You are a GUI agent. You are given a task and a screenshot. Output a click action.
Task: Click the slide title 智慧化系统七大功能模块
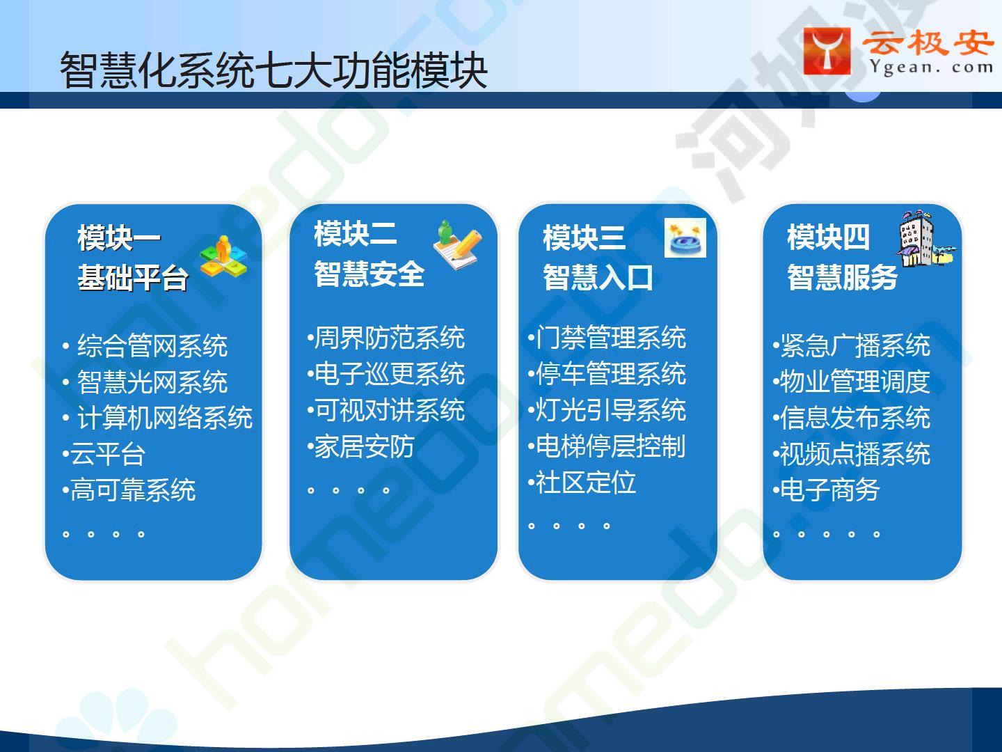274,70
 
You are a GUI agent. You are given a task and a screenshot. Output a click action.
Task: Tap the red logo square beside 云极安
827,51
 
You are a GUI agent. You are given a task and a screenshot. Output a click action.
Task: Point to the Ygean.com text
931,68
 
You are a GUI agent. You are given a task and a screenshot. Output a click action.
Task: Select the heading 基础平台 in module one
133,277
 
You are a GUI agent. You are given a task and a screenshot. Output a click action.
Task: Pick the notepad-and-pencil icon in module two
457,244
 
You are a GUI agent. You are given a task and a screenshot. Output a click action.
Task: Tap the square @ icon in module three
685,237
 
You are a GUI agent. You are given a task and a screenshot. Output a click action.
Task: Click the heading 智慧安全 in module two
369,274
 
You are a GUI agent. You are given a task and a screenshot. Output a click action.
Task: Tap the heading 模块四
828,237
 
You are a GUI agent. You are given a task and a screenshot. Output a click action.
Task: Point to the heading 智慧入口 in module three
598,277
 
